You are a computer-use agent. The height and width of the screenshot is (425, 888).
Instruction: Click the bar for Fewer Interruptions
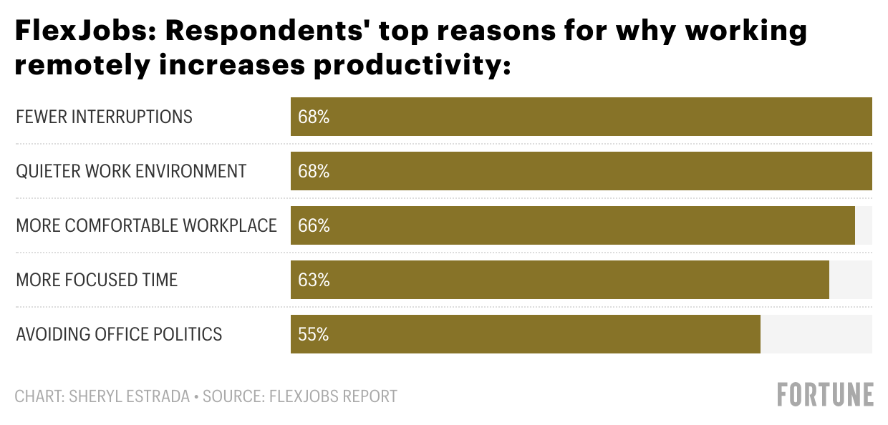click(581, 117)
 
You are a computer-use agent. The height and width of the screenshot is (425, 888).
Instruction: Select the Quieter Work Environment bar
click(581, 171)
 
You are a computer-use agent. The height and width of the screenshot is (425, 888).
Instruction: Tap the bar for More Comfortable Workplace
click(572, 225)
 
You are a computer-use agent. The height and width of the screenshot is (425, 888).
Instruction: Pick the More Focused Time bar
click(559, 280)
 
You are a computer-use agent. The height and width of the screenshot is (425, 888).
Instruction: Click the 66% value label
click(314, 226)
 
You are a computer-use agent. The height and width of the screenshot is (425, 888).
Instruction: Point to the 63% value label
click(314, 280)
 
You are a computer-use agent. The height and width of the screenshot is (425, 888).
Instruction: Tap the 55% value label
click(314, 335)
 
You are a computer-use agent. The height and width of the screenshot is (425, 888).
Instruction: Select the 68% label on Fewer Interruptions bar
click(314, 117)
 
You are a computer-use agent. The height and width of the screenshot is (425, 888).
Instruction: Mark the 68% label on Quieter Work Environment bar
click(314, 172)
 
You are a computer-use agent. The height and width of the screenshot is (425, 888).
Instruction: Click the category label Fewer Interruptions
click(104, 117)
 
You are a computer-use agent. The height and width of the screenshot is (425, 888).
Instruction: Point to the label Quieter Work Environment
click(131, 172)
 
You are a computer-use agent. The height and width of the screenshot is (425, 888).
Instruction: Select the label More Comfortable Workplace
click(146, 226)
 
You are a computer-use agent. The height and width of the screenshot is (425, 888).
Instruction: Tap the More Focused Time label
click(97, 280)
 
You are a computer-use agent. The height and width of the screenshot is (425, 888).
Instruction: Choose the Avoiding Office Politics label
click(119, 335)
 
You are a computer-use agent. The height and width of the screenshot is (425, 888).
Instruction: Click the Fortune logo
click(825, 395)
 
